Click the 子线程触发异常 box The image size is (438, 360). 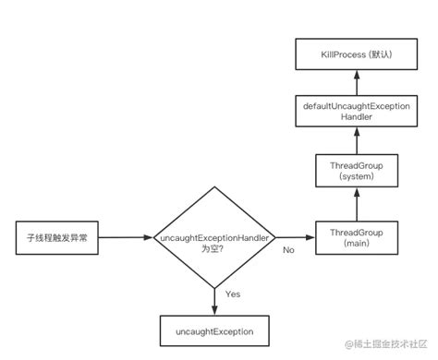tap(56, 237)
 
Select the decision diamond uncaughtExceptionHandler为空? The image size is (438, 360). tap(213, 238)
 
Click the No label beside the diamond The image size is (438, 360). tap(288, 249)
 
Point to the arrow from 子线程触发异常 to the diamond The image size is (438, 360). tap(125, 237)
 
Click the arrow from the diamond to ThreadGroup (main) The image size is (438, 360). tap(296, 237)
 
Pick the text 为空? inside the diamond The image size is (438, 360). tap(213, 246)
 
